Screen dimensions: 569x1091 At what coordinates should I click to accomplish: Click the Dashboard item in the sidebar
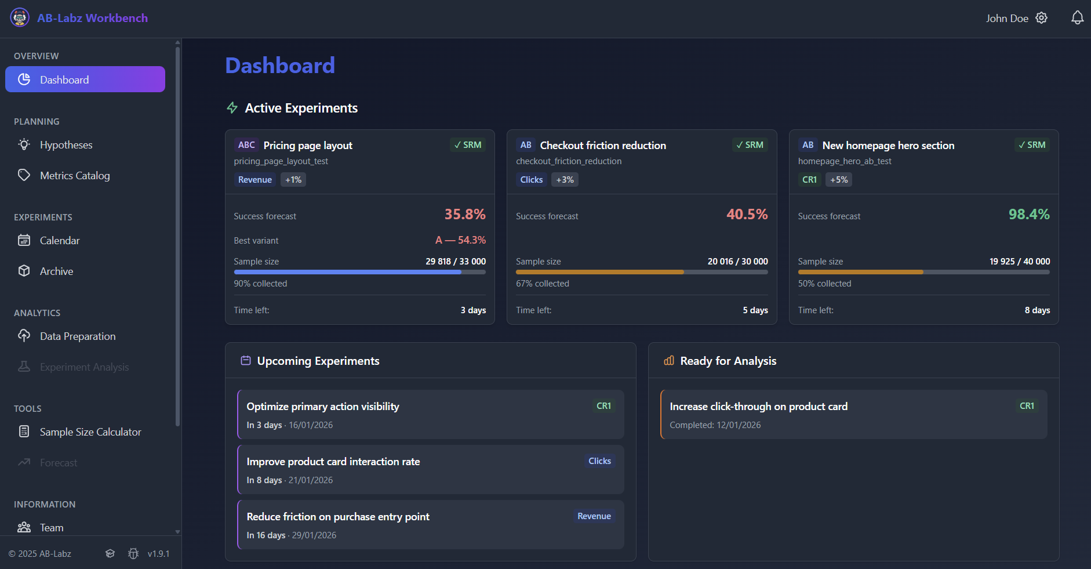coord(85,79)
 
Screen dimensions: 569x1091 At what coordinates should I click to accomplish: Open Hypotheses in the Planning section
coord(66,145)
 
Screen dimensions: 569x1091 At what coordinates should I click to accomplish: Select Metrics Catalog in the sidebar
coord(74,176)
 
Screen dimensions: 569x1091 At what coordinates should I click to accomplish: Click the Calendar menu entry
coord(59,241)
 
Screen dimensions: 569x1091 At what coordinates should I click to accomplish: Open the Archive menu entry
coord(56,271)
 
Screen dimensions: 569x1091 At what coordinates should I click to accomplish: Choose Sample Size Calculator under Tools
coord(90,432)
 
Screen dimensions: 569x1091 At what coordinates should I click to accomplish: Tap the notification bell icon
coord(1077,18)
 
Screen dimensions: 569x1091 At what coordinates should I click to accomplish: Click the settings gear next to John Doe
coord(1042,18)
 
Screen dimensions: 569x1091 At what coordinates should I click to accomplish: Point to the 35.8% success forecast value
coord(464,215)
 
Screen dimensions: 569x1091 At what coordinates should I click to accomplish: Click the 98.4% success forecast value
coord(1028,215)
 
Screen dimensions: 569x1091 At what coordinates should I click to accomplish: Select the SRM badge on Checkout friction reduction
coord(750,145)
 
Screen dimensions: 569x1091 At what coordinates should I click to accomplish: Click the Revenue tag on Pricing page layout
coord(254,180)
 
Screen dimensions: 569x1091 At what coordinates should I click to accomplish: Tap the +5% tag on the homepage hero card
coord(838,180)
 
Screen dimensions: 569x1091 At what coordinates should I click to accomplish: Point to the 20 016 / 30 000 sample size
coord(737,262)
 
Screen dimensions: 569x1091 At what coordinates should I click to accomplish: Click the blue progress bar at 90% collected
coord(347,272)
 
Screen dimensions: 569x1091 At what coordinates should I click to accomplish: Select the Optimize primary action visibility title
coord(322,407)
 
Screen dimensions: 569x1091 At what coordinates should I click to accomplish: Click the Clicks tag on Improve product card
coord(599,461)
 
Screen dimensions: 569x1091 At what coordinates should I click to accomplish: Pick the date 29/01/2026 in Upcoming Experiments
coord(314,535)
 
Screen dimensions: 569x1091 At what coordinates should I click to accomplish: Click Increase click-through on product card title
coord(758,407)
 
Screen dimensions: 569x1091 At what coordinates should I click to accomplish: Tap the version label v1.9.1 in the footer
coord(158,554)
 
